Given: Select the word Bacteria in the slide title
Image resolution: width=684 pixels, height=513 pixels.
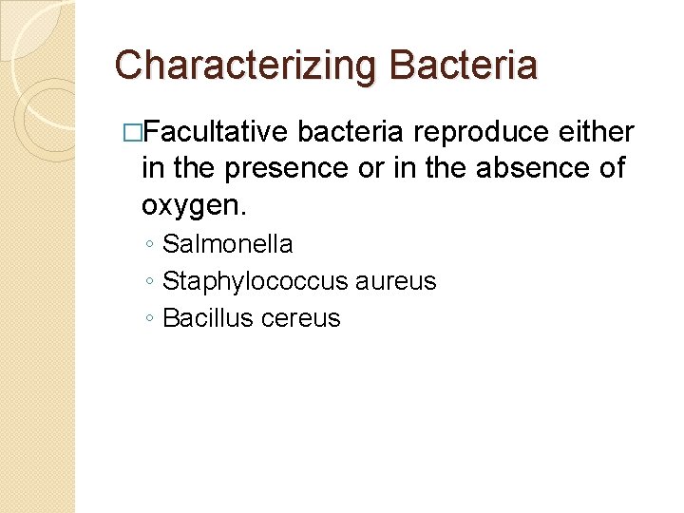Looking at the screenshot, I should point(464,66).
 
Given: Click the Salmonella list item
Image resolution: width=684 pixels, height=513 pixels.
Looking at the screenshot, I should point(228,244).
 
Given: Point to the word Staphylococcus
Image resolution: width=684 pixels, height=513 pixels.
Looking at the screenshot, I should point(254,281).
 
